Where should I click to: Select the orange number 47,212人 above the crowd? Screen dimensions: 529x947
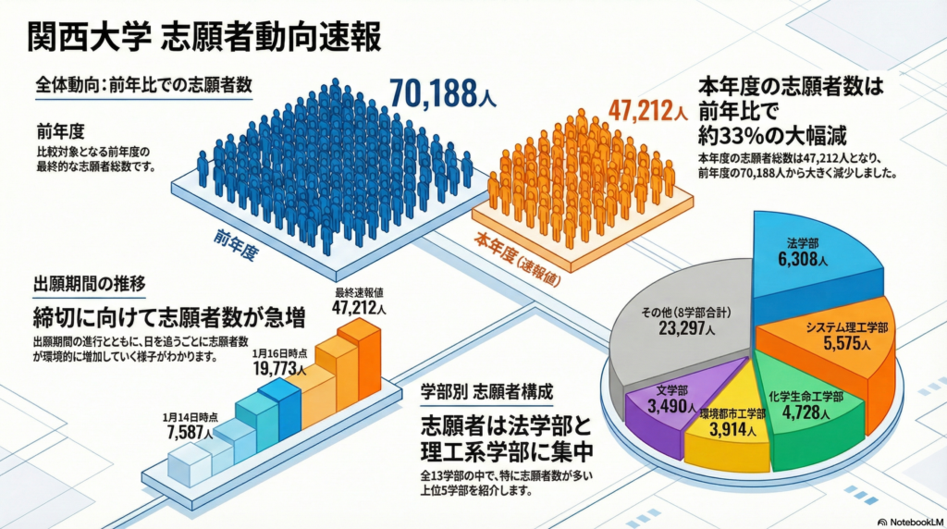click(x=647, y=112)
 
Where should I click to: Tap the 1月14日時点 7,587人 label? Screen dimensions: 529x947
click(x=190, y=424)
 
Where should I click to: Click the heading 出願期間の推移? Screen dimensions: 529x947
click(x=89, y=283)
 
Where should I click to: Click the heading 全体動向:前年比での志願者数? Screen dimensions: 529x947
click(x=143, y=85)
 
